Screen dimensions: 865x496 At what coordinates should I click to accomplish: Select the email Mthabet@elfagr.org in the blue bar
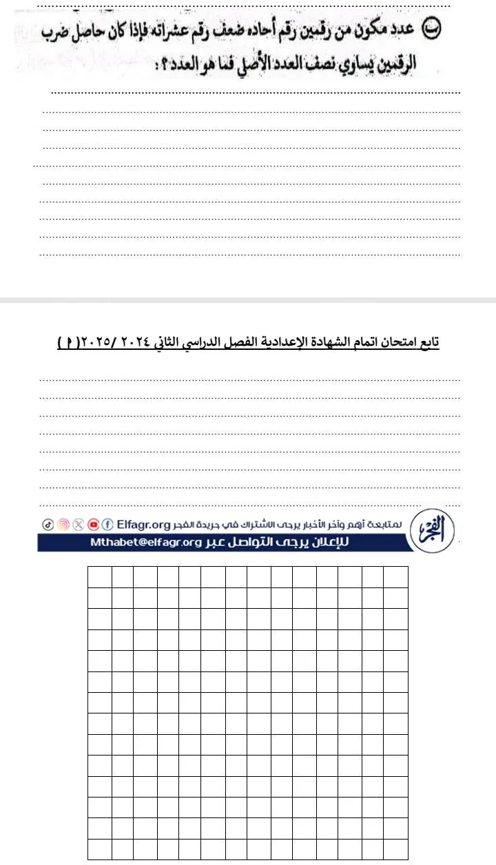click(x=145, y=542)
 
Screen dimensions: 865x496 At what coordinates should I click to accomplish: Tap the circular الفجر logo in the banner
click(x=432, y=531)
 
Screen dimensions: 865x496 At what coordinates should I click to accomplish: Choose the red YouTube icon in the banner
click(x=93, y=524)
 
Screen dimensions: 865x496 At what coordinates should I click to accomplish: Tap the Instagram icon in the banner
click(x=63, y=524)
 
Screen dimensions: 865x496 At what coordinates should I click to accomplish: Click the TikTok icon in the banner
click(x=48, y=524)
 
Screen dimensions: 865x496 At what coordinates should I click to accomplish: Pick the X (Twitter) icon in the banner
click(x=78, y=524)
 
